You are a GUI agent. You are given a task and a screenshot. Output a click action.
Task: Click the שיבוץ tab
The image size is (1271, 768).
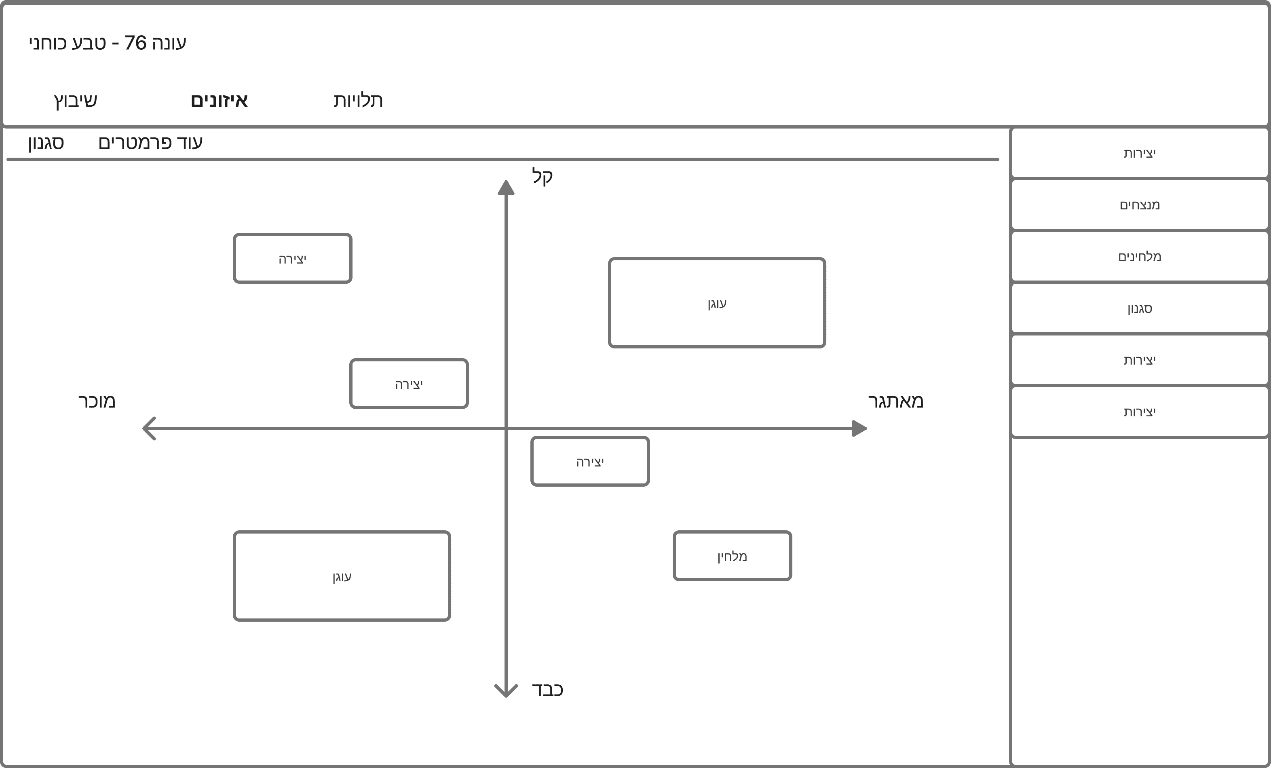click(x=75, y=100)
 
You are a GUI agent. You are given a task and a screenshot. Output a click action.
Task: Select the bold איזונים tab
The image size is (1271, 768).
click(x=219, y=100)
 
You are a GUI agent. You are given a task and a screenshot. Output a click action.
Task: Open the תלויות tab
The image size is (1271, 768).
click(x=358, y=100)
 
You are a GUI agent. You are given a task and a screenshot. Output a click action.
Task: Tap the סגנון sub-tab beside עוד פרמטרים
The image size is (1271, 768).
click(x=46, y=142)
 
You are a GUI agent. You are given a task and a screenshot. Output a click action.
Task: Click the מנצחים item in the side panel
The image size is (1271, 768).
click(x=1140, y=205)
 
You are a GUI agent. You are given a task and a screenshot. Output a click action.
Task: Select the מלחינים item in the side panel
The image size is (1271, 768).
click(x=1140, y=256)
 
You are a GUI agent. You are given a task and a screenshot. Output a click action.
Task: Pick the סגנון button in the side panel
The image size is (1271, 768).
click(x=1140, y=308)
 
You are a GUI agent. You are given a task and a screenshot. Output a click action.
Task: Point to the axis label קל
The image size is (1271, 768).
click(x=542, y=176)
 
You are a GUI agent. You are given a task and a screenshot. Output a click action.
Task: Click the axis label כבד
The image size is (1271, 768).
click(x=547, y=690)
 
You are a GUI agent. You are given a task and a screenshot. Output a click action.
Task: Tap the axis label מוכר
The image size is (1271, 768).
click(x=97, y=401)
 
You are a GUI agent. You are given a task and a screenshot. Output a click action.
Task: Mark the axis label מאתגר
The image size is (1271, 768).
click(x=895, y=401)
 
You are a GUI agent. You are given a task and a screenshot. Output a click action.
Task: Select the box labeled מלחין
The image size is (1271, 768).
click(x=732, y=556)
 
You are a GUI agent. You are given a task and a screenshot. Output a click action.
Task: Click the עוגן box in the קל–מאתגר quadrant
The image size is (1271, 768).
click(x=717, y=303)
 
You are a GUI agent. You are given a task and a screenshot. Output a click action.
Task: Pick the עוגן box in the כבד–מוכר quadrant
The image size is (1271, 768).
click(x=342, y=576)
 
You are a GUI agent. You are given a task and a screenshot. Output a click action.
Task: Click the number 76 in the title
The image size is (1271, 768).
click(x=136, y=42)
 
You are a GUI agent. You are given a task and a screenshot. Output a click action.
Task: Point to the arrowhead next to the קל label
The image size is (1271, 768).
click(x=506, y=188)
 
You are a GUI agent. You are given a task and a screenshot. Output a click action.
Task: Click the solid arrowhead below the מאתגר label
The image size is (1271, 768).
click(x=859, y=428)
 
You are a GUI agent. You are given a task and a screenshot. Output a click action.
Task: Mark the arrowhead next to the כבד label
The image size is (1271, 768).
click(x=506, y=690)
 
